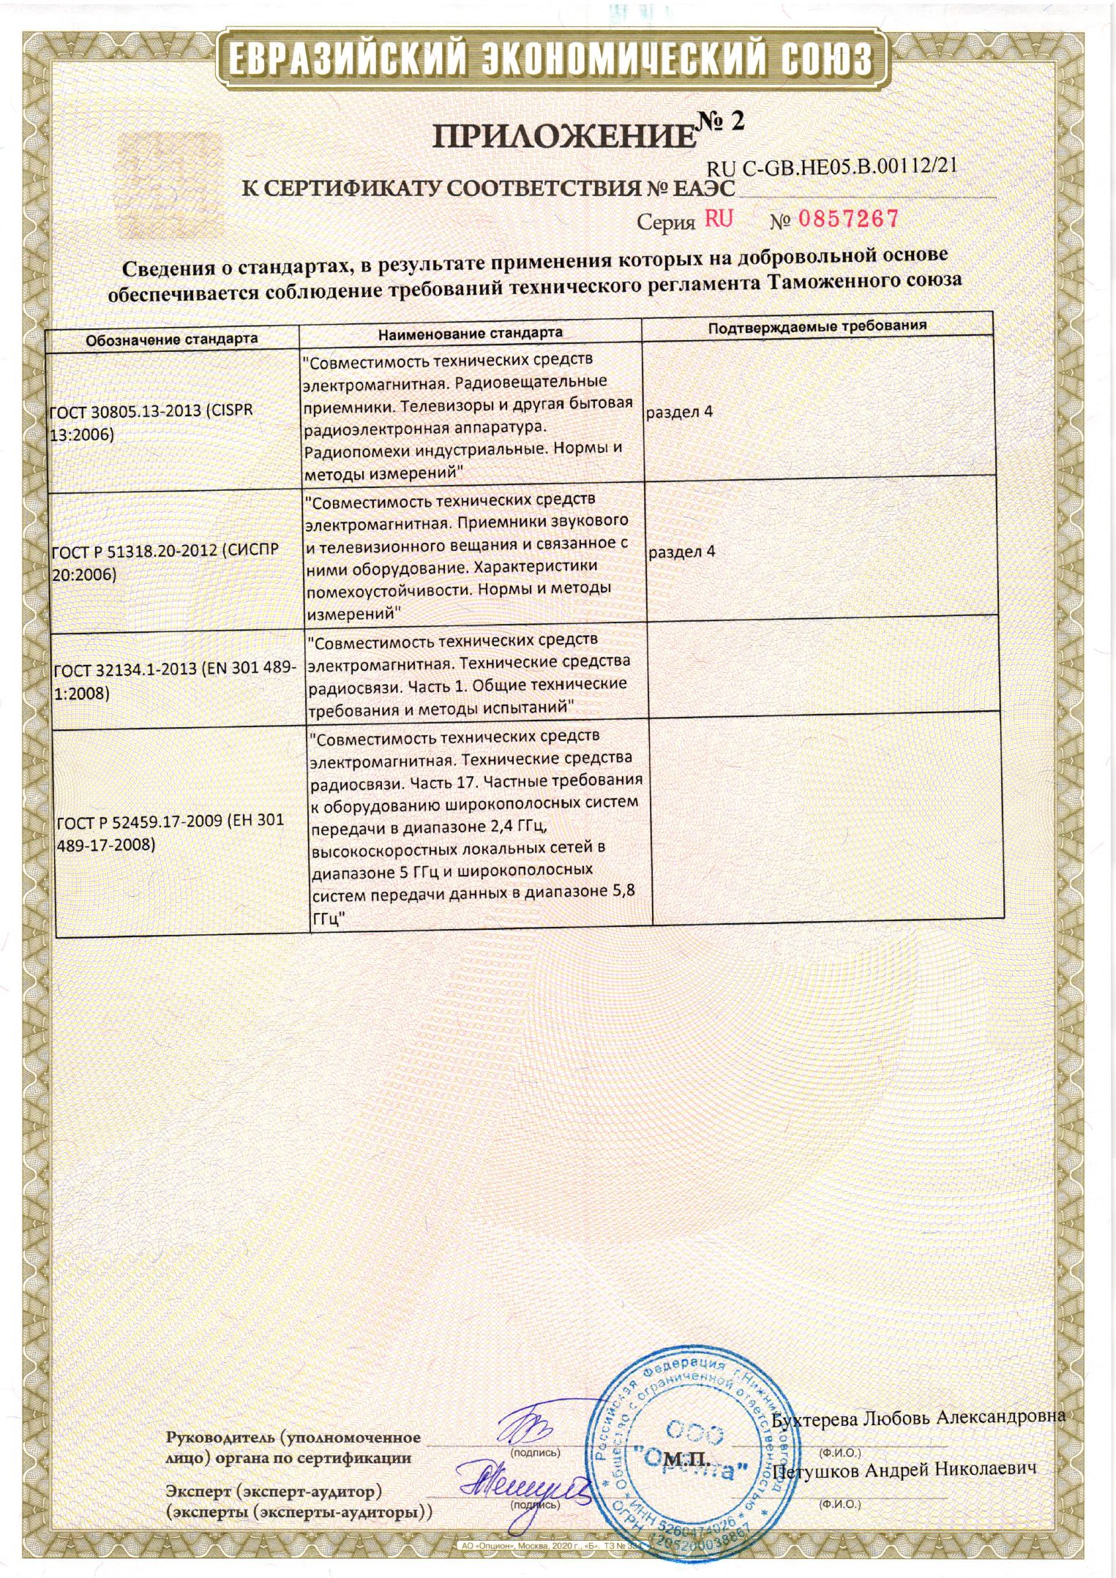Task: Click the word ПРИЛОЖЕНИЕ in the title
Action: (562, 137)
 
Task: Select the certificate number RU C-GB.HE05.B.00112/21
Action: (832, 168)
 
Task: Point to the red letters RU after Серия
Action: (719, 219)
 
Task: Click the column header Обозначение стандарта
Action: (172, 339)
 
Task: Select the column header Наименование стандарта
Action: (470, 333)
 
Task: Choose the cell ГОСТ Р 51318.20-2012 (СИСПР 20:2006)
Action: (165, 562)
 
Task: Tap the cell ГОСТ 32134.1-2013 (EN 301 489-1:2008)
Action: (175, 680)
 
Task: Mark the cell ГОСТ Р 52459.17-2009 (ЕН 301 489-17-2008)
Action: (170, 833)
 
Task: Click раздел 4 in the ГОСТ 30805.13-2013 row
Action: (678, 412)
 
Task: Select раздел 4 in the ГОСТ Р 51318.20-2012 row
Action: (681, 552)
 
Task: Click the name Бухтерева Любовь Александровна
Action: (918, 1418)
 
